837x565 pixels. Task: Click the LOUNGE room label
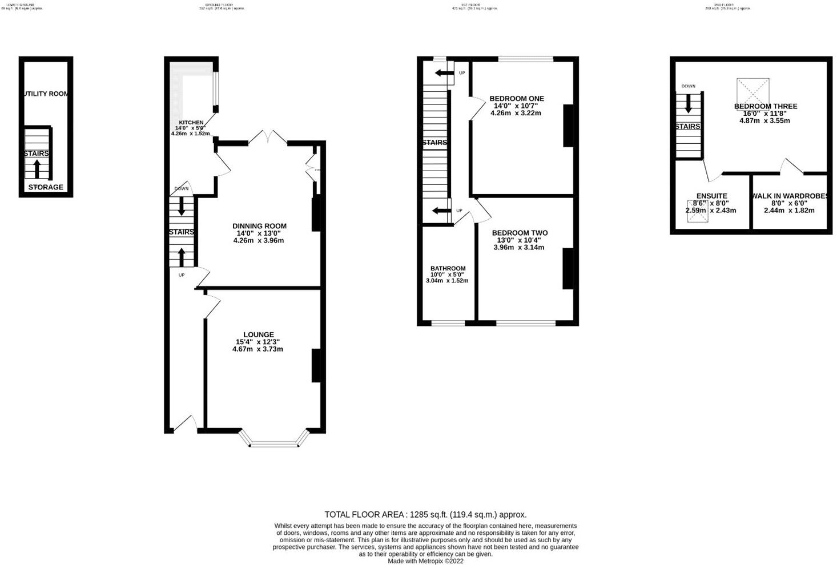click(258, 335)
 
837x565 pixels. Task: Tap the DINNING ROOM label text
click(259, 226)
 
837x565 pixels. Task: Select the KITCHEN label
click(191, 123)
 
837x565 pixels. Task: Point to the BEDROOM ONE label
click(516, 99)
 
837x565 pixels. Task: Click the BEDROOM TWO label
click(519, 233)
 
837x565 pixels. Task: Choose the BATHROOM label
click(448, 268)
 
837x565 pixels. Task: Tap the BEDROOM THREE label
click(765, 106)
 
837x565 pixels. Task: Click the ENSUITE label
click(711, 196)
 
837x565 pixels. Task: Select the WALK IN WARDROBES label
click(790, 196)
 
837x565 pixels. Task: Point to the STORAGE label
click(46, 187)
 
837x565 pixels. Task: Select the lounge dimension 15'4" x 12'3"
click(258, 342)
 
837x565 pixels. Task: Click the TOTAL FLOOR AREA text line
click(425, 514)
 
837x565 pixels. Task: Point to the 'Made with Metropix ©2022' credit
click(425, 561)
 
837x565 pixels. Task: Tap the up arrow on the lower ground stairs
click(38, 169)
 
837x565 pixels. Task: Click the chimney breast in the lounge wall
click(315, 365)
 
